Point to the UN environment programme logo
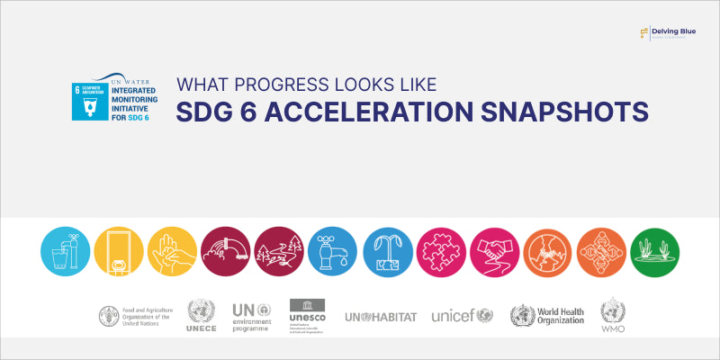(x=256, y=316)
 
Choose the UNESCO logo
(x=307, y=316)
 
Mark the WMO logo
(x=613, y=316)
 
